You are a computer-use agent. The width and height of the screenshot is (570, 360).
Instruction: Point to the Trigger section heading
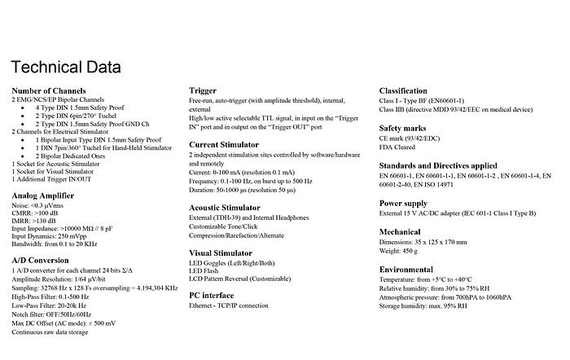[x=203, y=90]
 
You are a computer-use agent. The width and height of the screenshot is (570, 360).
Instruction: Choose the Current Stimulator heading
[x=226, y=143]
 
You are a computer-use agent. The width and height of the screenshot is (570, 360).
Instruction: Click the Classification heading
[x=403, y=90]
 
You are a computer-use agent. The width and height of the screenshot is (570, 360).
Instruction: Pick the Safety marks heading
[x=404, y=128]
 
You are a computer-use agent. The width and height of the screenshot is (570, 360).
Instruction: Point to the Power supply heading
[x=405, y=202]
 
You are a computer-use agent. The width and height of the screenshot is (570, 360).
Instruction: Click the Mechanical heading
[x=401, y=231]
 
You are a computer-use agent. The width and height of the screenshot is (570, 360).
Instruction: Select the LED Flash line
[x=205, y=273]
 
